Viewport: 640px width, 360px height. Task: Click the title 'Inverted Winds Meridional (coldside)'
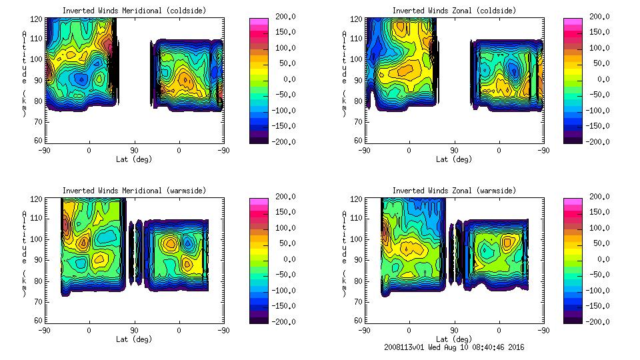click(x=134, y=11)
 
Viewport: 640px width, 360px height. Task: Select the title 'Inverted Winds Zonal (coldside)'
click(x=454, y=11)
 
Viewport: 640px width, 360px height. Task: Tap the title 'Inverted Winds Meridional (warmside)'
click(x=134, y=191)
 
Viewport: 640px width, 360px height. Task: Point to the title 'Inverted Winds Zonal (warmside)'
click(x=454, y=191)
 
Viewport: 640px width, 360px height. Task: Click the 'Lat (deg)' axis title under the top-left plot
click(x=134, y=159)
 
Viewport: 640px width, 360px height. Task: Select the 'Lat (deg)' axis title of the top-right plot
click(x=454, y=159)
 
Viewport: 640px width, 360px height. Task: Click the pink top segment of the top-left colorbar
click(x=259, y=23)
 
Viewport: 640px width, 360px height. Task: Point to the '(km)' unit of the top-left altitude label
click(x=24, y=103)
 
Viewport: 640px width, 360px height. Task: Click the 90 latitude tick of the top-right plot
click(x=454, y=150)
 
